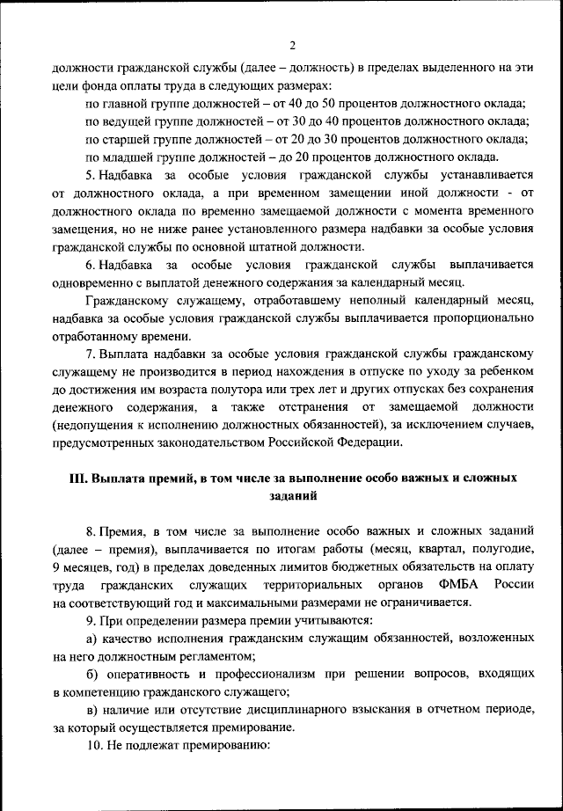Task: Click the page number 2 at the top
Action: click(x=292, y=46)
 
